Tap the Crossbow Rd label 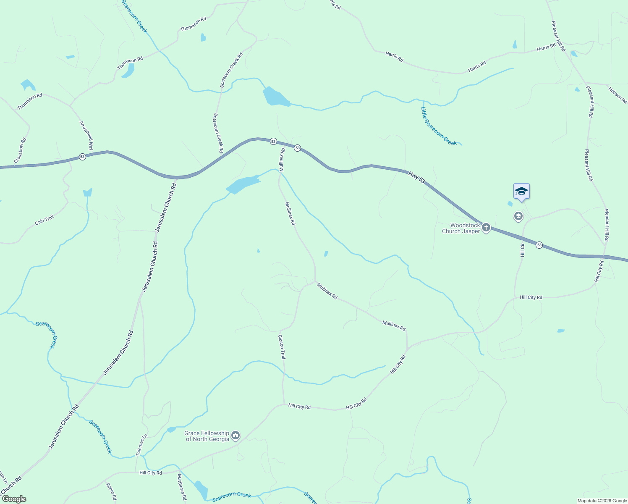pos(20,150)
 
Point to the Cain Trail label pos(44,220)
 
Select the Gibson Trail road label pos(282,346)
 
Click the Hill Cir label pos(523,250)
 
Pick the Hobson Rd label pos(618,95)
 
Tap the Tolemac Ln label pos(142,445)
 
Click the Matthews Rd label pos(181,487)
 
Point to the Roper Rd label pos(111,491)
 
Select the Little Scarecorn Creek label pos(439,126)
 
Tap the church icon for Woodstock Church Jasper pos(486,228)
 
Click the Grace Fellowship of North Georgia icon pos(235,436)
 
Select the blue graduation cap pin pos(521,192)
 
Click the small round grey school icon pos(518,216)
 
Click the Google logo pos(14,499)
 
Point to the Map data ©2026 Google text pos(602,501)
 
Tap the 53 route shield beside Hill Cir pos(539,245)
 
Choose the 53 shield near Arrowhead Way pos(82,157)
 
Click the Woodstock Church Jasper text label pos(461,228)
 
